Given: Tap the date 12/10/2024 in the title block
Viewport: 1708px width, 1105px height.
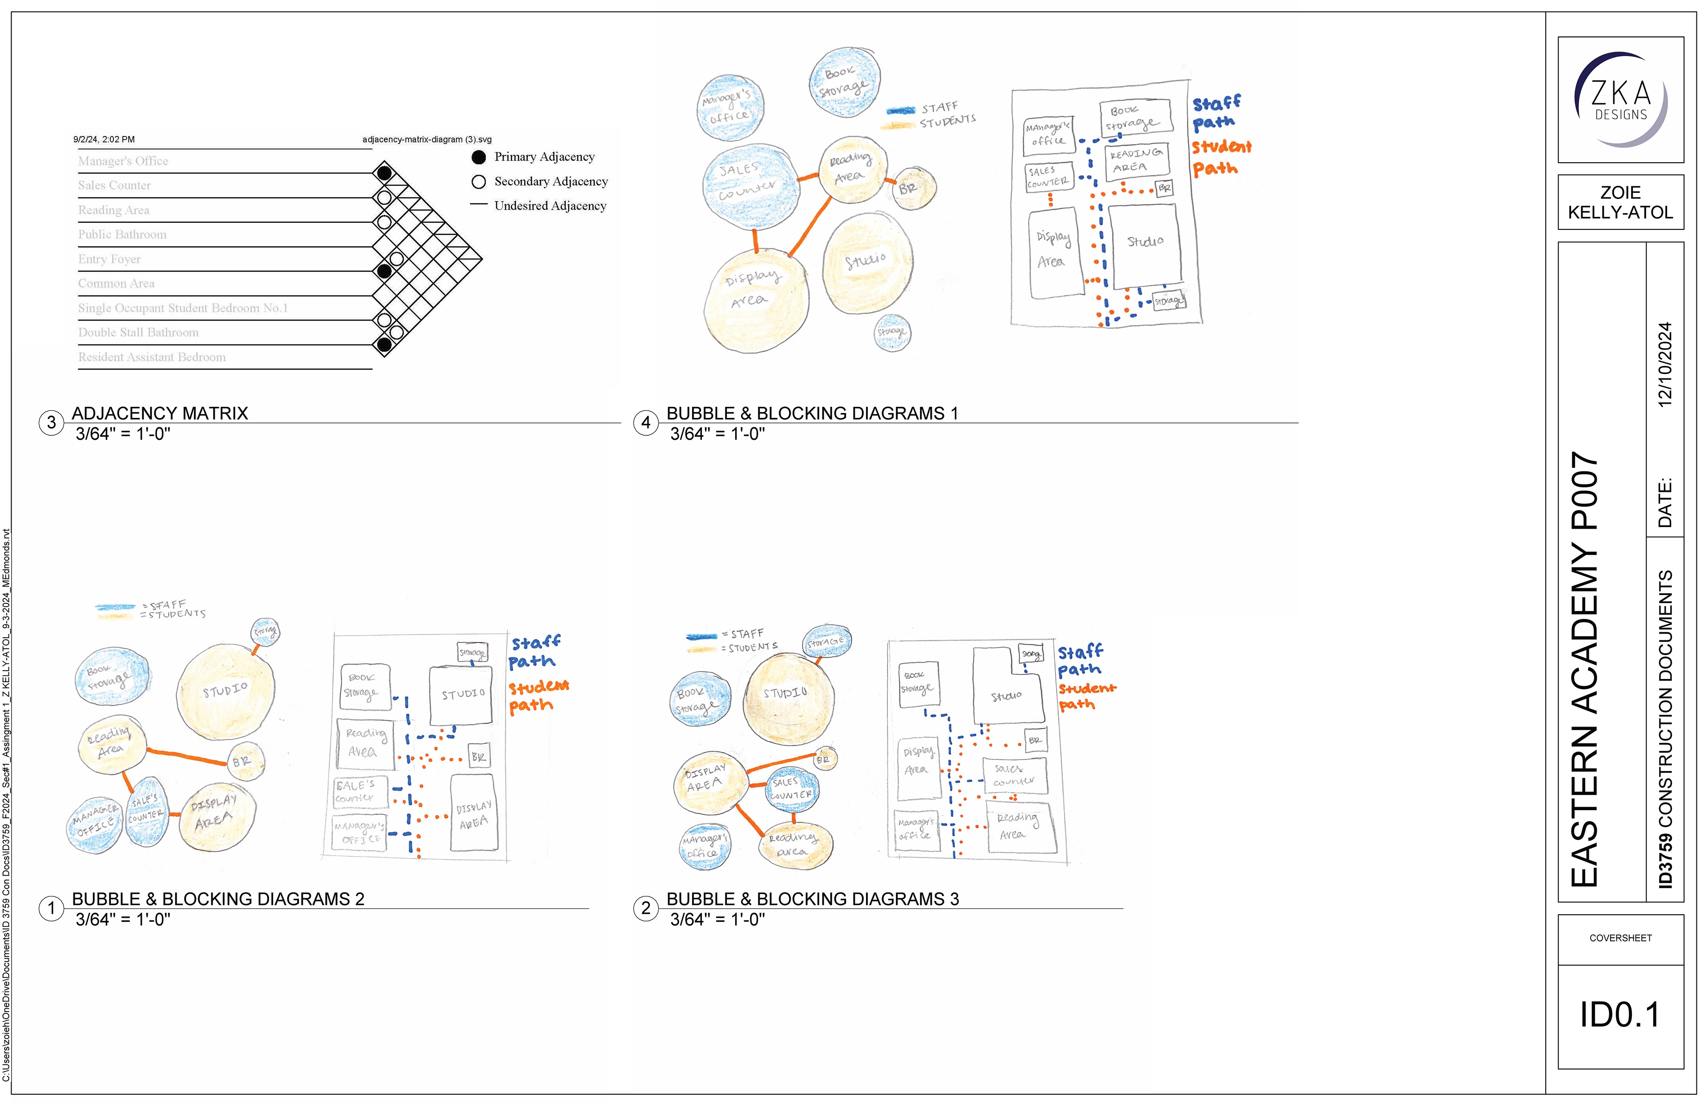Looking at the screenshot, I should (1665, 365).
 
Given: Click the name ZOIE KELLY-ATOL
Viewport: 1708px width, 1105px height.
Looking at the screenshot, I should (1620, 202).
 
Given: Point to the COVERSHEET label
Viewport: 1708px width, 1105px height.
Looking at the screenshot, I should (1620, 938).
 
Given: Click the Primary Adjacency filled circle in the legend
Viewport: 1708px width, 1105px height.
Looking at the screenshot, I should (479, 157).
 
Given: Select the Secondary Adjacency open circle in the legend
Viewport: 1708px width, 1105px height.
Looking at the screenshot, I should (479, 181).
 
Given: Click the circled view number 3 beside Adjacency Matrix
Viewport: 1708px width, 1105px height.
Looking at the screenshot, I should (51, 422).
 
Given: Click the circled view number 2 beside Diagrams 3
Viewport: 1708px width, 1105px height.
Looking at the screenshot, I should (645, 908).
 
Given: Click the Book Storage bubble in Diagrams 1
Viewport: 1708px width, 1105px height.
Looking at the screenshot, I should (844, 82).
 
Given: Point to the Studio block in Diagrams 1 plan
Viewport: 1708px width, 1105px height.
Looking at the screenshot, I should (1144, 244).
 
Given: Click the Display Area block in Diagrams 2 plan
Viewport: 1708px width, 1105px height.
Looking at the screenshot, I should (473, 814).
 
